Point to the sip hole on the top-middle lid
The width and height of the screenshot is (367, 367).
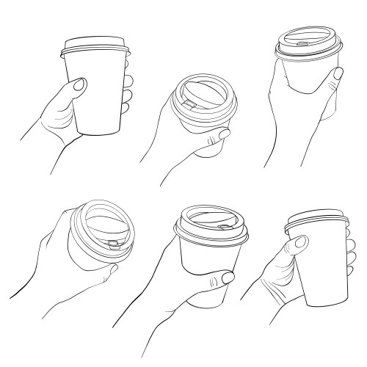(x=189, y=106)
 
